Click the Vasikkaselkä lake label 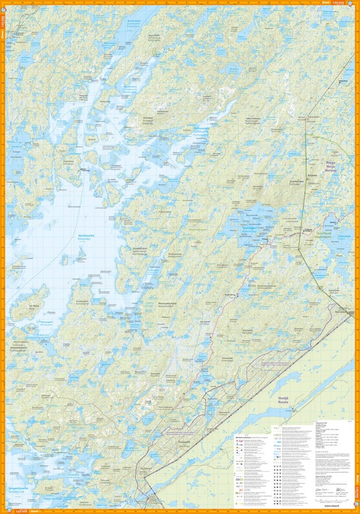[x=87, y=237]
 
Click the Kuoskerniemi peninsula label [x=139, y=248]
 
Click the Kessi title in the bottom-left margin [x=34, y=511]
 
